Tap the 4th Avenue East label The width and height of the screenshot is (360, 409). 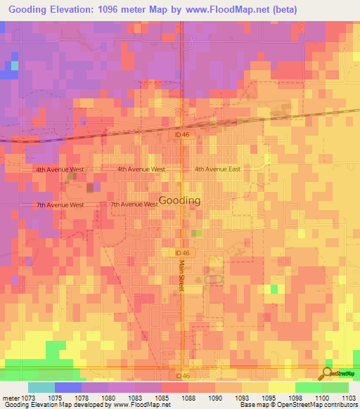point(217,169)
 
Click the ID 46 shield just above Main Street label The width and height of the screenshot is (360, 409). point(181,252)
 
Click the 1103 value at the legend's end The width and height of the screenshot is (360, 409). point(348,396)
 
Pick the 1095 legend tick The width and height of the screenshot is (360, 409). point(268,396)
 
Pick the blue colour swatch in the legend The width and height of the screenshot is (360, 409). point(67,387)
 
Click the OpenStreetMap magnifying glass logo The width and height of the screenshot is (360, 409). point(326,374)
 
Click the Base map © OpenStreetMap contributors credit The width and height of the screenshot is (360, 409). point(297,404)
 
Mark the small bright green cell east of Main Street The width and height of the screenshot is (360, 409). point(274,289)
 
